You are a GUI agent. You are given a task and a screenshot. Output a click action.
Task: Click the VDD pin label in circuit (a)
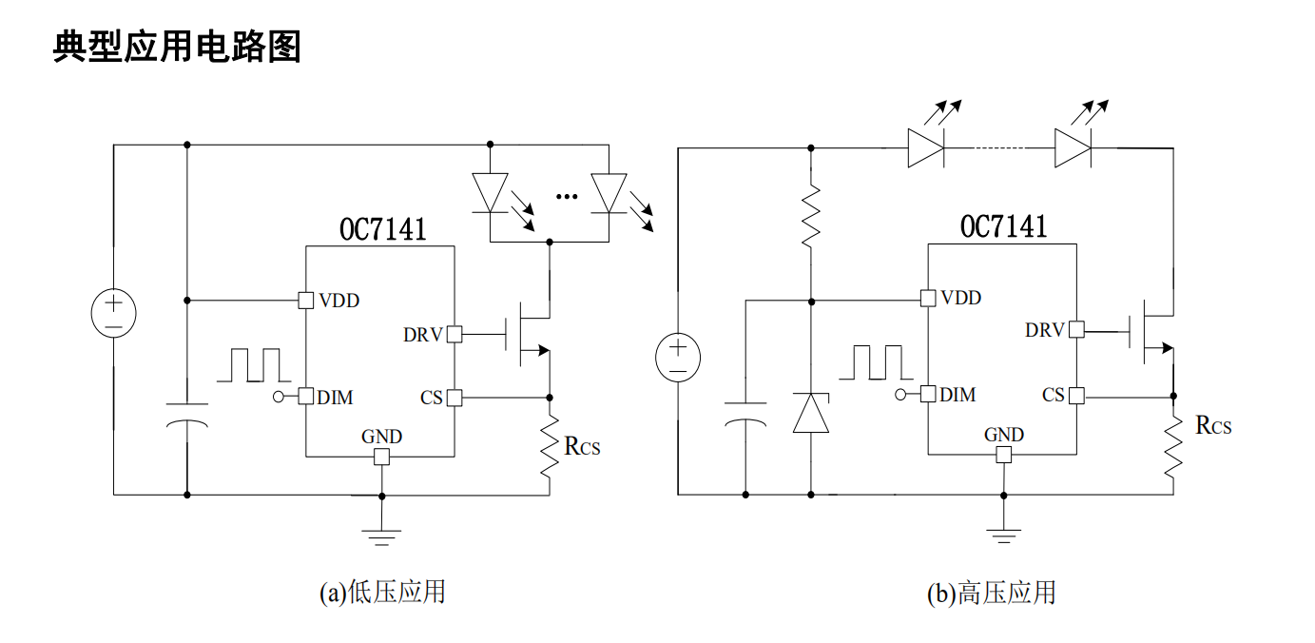(x=338, y=301)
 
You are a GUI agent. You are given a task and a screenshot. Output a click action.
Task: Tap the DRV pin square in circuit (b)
(x=1076, y=329)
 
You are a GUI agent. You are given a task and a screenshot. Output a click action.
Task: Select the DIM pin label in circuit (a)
(x=335, y=398)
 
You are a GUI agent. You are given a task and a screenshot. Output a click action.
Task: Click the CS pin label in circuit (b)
(x=1054, y=395)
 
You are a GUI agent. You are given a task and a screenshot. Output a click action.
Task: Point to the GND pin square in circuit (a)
(x=381, y=457)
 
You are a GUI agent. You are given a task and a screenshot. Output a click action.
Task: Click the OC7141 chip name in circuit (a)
(x=383, y=229)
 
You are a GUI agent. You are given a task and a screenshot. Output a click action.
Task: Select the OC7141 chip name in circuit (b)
(x=1003, y=226)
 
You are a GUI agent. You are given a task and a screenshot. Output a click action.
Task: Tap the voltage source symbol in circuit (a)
(x=114, y=313)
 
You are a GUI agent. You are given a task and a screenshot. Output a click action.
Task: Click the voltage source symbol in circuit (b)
(x=678, y=358)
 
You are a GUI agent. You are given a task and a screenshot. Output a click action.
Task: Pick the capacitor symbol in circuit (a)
(x=187, y=414)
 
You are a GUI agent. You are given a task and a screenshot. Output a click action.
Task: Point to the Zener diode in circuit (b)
(x=811, y=413)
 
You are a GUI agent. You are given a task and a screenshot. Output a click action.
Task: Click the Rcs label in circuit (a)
(x=582, y=446)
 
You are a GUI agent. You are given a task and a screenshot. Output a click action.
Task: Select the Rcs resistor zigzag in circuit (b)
(x=1173, y=447)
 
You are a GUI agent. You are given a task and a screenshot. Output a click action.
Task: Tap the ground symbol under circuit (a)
(x=381, y=537)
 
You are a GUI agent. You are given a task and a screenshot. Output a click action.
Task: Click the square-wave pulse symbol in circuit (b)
(x=876, y=362)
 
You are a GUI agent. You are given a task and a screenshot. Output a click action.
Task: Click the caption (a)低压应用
(x=383, y=592)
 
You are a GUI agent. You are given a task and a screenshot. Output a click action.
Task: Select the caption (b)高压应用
(x=992, y=593)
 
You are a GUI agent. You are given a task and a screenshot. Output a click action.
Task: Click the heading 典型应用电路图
(x=177, y=47)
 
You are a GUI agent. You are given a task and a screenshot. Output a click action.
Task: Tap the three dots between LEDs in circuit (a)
(x=567, y=196)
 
